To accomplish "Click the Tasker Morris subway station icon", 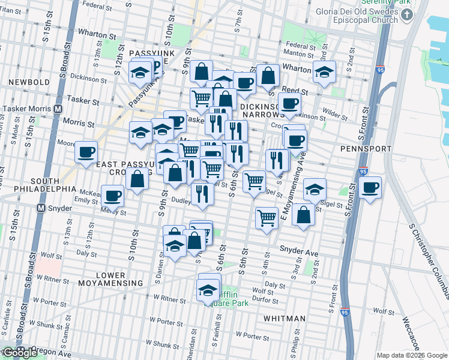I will click(x=58, y=109).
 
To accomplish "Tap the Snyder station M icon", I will click(x=41, y=208).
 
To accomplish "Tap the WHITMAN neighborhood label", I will click(x=285, y=319).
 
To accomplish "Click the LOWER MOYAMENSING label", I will click(x=119, y=279).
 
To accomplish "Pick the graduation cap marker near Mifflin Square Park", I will click(x=208, y=290).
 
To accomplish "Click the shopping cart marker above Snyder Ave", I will click(x=267, y=218).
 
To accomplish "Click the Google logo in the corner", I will click(x=20, y=353).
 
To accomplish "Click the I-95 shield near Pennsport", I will click(x=363, y=170).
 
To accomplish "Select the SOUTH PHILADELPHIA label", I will click(x=31, y=185).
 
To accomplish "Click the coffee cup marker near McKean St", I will click(x=113, y=194).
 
